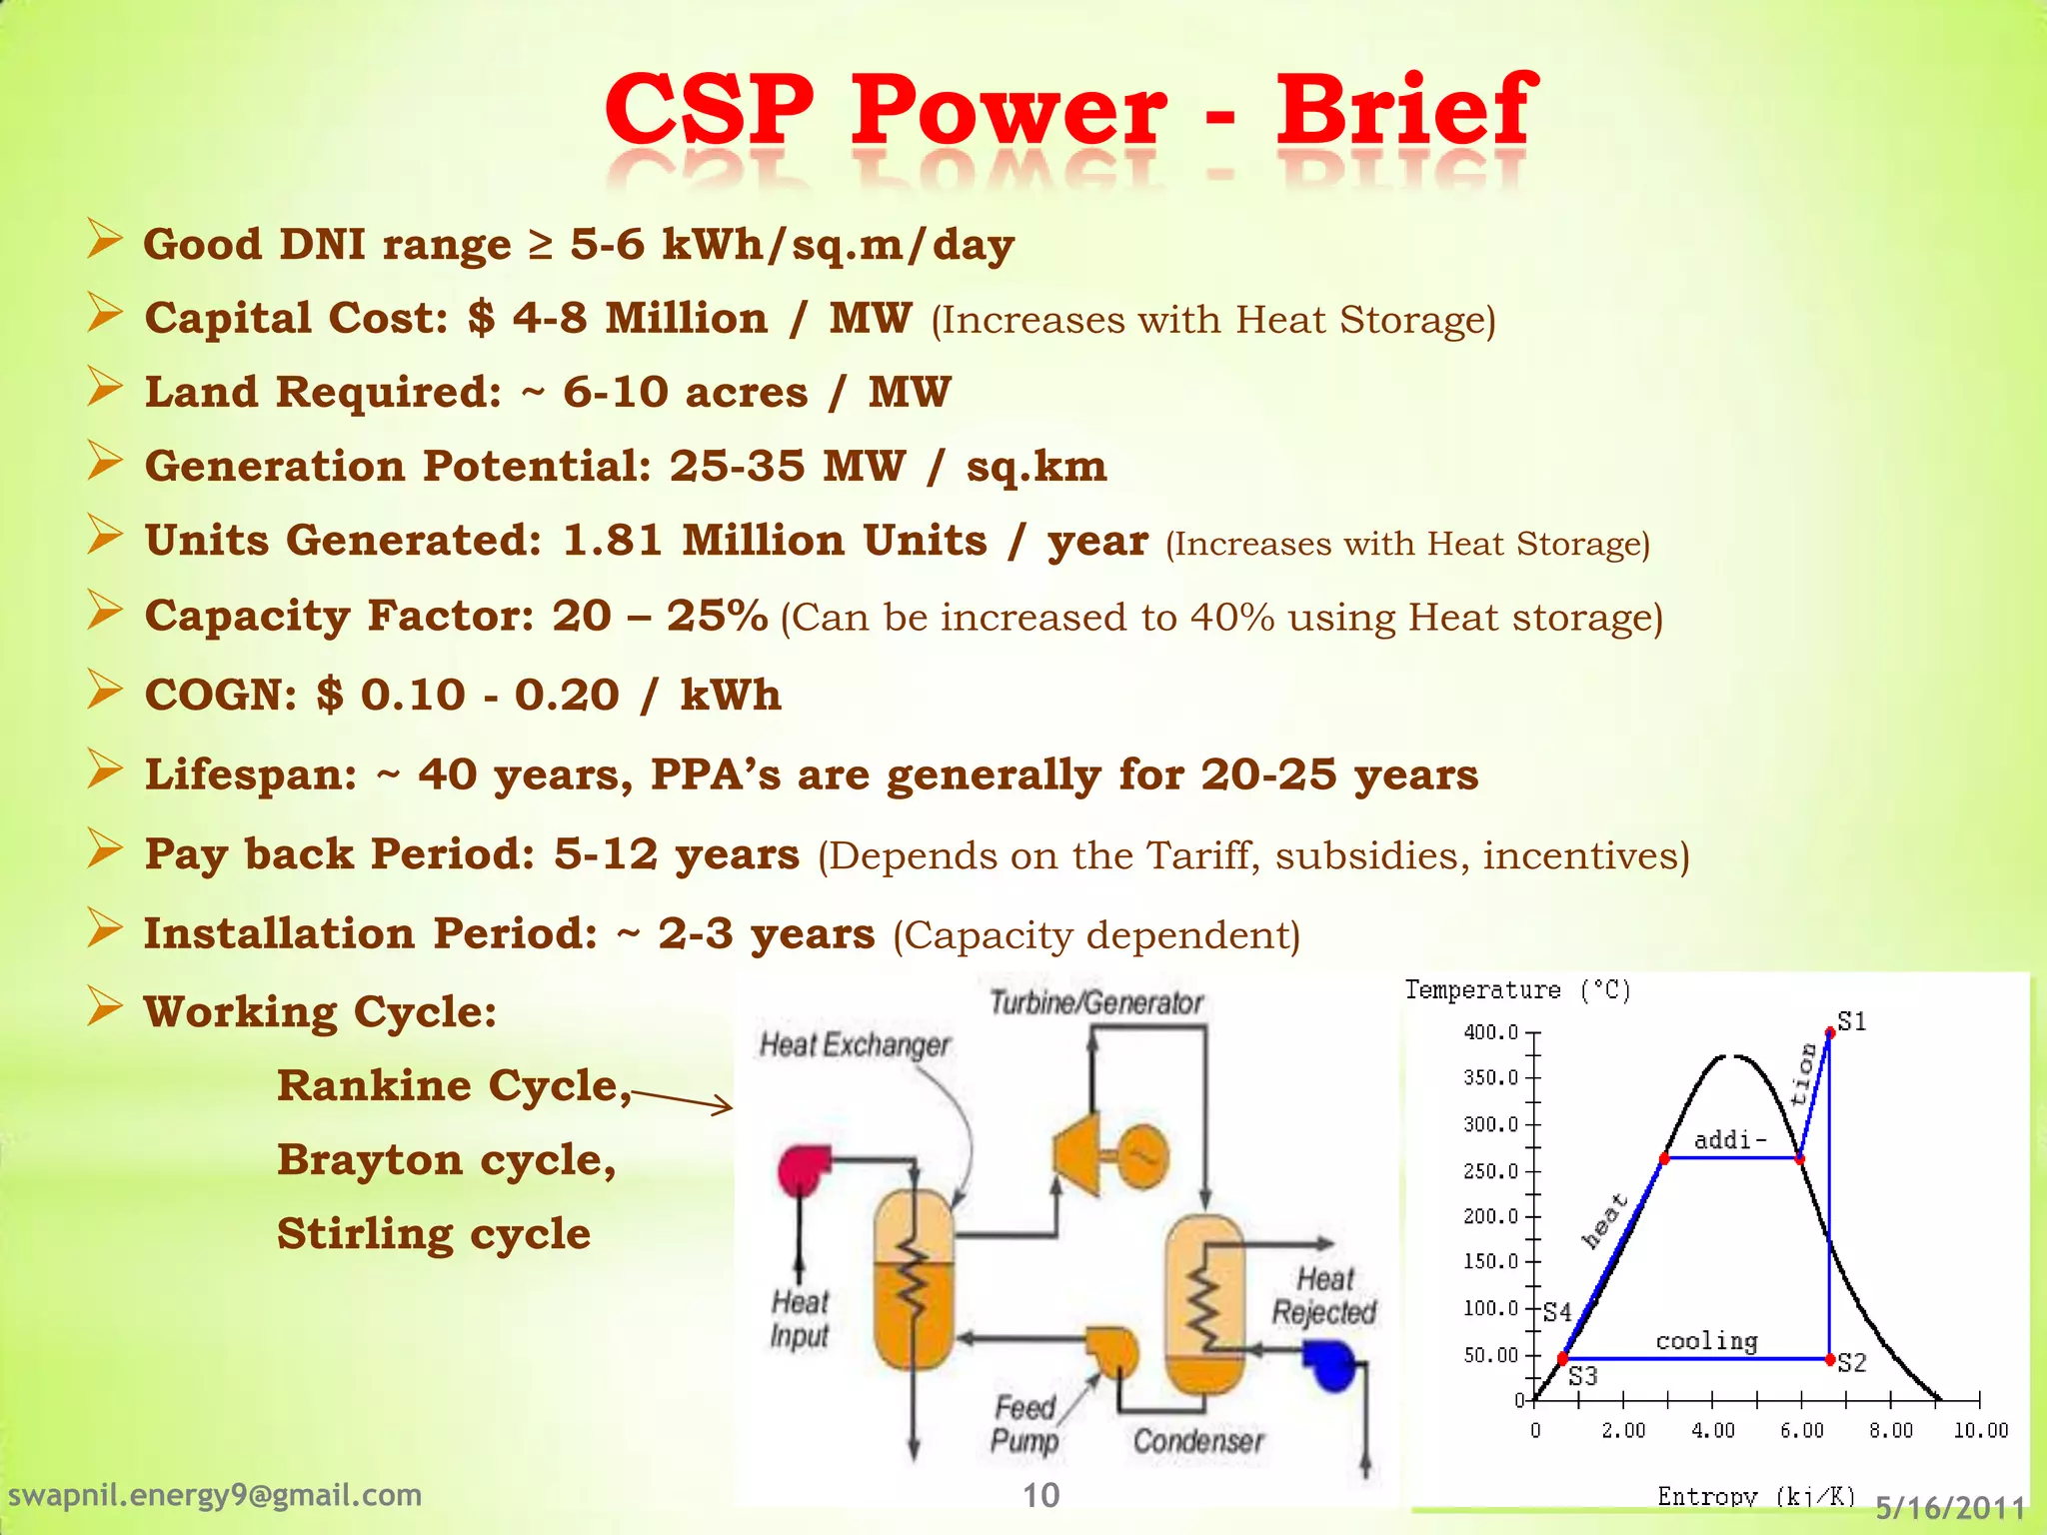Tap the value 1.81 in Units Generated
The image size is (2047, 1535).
(612, 541)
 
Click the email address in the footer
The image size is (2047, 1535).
(215, 1495)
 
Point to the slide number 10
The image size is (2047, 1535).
(1040, 1495)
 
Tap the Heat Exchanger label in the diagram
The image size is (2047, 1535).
(855, 1045)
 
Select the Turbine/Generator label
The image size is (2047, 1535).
(1096, 1002)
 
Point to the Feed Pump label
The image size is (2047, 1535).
(1024, 1424)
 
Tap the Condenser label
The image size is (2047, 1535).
(1197, 1441)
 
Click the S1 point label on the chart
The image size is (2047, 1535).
(1852, 1021)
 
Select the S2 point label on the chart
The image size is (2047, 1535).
(1852, 1363)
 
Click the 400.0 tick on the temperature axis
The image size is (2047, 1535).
(1490, 1032)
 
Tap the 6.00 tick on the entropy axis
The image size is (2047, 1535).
(1801, 1431)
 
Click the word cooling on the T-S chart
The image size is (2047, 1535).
(1706, 1341)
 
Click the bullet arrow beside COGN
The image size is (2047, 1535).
(104, 690)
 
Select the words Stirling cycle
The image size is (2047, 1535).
(434, 1234)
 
